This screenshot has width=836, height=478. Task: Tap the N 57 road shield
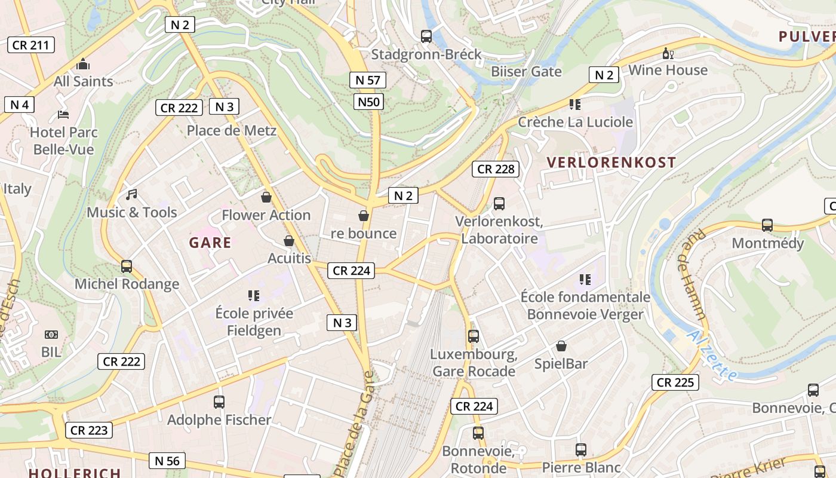point(368,80)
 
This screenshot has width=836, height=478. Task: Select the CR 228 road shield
point(496,169)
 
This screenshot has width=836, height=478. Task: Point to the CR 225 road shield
point(675,382)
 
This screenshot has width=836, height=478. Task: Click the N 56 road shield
point(167,461)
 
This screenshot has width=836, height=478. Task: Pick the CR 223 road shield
point(89,430)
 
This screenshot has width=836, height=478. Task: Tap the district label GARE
point(210,243)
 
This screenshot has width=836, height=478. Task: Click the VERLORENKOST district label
point(611,163)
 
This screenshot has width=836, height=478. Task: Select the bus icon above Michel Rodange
point(127,266)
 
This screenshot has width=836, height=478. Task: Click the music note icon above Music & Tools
point(132,195)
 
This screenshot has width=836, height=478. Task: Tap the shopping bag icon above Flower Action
point(266,197)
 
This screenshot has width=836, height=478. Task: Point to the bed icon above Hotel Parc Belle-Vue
point(63,115)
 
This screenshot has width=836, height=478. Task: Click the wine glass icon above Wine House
point(668,54)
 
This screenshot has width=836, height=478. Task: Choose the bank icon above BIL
point(51,335)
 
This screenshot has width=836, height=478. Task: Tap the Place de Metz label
point(232,130)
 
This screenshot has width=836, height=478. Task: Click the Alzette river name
point(712,356)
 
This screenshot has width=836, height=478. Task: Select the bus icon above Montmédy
point(767,225)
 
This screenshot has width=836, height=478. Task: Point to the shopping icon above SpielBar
point(561,346)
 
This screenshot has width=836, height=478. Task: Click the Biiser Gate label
point(526,72)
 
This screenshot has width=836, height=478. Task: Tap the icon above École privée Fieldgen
point(254,296)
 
